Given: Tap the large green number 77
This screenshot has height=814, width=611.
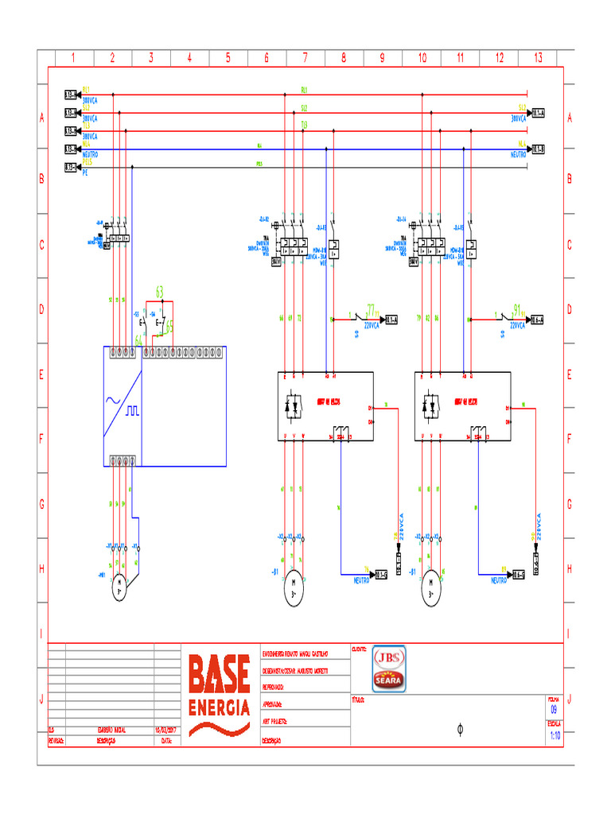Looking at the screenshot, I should (371, 309).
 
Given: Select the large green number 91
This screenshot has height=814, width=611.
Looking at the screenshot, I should (517, 309).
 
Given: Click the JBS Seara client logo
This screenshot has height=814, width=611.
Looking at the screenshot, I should (389, 669).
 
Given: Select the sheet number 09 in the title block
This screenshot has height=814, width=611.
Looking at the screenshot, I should (554, 709).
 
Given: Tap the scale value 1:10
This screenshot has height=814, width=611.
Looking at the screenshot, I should (554, 735).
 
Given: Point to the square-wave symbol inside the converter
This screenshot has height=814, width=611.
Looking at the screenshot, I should (130, 411).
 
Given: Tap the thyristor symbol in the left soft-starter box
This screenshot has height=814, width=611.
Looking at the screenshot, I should (293, 405).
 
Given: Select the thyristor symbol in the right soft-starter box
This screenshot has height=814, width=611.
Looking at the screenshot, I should (430, 405).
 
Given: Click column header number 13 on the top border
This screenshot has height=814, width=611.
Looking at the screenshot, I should (538, 57).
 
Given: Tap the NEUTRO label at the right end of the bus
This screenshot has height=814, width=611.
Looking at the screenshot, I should (519, 154).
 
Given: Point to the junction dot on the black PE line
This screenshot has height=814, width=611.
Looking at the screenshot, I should (132, 167).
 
